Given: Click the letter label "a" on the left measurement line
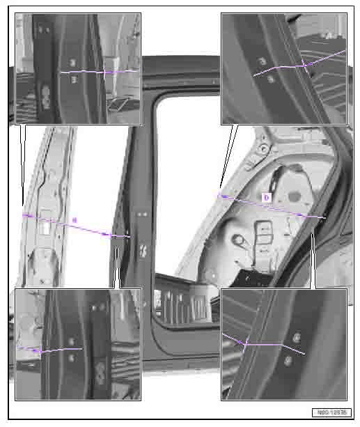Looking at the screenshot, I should point(75,220).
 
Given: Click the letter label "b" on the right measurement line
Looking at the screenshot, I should point(265,198).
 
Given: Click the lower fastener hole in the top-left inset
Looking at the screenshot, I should point(74,79).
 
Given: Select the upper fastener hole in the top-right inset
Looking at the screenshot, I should point(263,62).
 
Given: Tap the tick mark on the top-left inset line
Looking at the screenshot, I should point(105,71).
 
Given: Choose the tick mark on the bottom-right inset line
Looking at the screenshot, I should point(246,343).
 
